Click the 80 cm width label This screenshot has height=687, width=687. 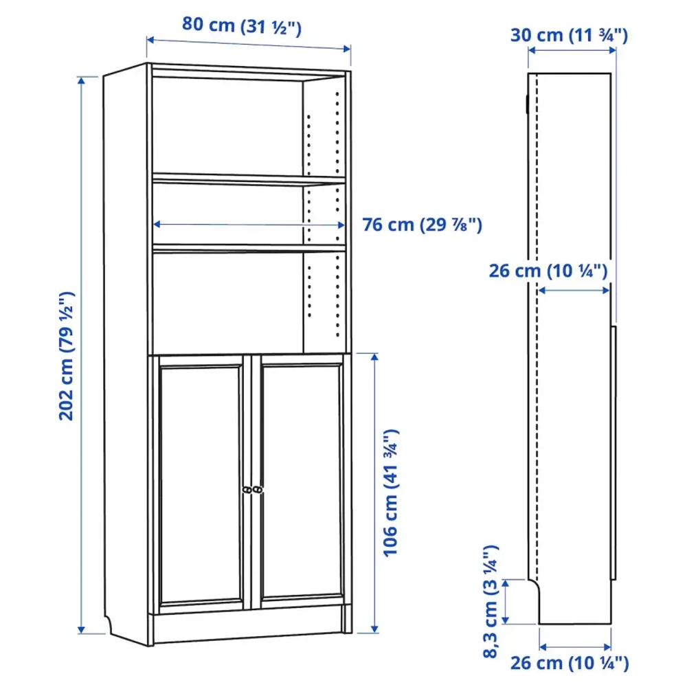pos(241,25)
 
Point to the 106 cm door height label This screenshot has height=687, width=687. pos(391,492)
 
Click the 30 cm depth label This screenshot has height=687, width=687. pos(568,35)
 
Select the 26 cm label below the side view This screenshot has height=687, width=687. pos(569,662)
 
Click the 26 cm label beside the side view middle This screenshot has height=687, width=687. pos(548,270)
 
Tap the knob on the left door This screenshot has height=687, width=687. pos(246,489)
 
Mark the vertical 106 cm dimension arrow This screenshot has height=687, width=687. pos(374,492)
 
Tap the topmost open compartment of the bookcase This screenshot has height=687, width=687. pos(227,124)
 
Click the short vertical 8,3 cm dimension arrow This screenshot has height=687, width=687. pos(506,602)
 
